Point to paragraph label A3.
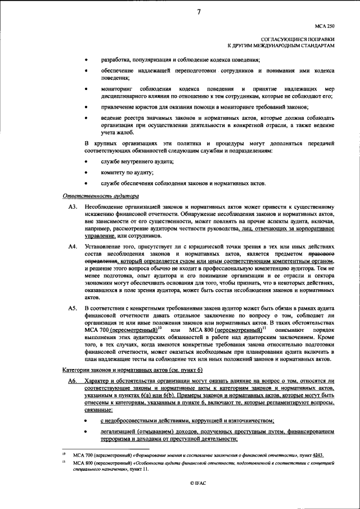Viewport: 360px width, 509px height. (72, 208)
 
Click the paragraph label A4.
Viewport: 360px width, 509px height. (72, 247)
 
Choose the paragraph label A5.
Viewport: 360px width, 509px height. (72, 309)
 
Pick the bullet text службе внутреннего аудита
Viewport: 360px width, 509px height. (137, 162)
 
